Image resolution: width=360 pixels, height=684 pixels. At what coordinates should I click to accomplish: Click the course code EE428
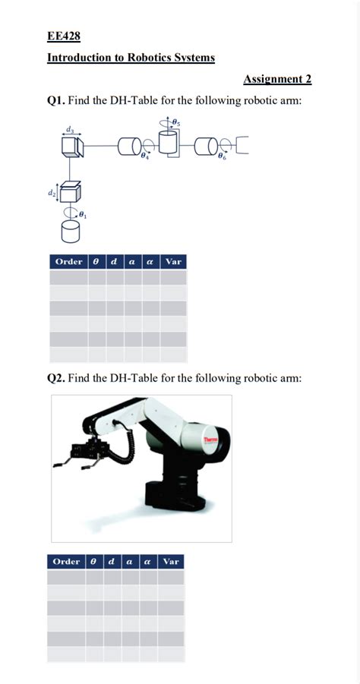[x=64, y=36]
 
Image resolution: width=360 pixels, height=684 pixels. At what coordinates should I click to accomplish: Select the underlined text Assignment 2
[x=277, y=79]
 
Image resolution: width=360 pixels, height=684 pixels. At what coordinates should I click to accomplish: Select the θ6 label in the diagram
[x=221, y=156]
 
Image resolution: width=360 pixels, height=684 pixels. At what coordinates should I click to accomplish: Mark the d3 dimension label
[x=71, y=130]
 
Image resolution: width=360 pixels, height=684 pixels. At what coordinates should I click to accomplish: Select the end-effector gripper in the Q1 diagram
[x=244, y=144]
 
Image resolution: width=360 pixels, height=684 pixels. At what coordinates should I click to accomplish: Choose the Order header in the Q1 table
[x=68, y=262]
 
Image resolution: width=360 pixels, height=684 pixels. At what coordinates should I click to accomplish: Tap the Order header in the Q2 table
[x=67, y=561]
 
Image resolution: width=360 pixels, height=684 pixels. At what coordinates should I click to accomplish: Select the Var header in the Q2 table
[x=171, y=561]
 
